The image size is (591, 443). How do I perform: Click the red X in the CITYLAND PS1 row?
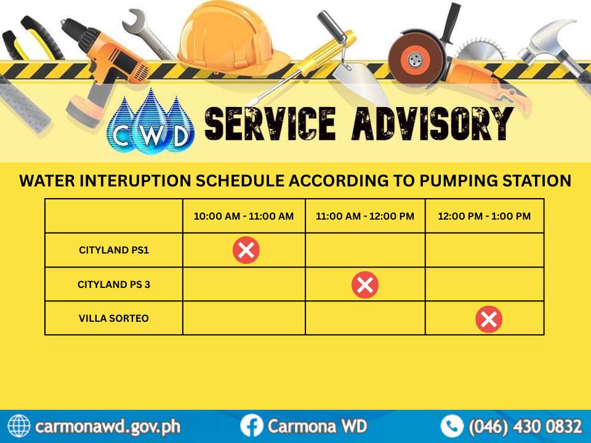pos(246,250)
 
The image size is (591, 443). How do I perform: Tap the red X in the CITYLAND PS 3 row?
pos(365,285)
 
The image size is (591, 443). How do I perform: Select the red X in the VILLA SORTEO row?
pos(489,319)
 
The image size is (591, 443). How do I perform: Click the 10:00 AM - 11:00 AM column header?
pos(244,216)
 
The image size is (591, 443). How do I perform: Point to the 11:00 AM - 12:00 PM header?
pos(365,216)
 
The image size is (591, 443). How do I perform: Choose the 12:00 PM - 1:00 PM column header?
pos(484,216)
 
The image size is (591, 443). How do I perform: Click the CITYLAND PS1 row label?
pos(114,250)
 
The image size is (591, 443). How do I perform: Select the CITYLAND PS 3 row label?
pos(114,284)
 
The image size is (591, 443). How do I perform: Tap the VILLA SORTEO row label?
pos(114,318)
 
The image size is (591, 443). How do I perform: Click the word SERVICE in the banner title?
pos(270,124)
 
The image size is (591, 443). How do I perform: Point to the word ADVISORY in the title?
pos(433,124)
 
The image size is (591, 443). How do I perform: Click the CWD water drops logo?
pos(151,122)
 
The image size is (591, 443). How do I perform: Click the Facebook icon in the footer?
pos(251,426)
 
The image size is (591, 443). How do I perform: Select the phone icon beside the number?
pos(452,426)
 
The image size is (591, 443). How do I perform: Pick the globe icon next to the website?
pos(19,426)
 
